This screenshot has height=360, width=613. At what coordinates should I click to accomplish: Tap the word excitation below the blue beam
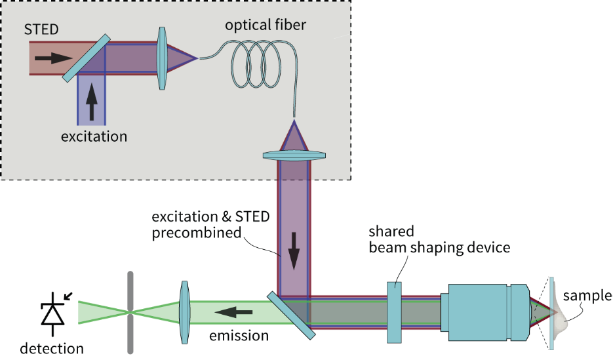click(94, 136)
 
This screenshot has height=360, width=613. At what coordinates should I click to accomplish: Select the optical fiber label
click(266, 25)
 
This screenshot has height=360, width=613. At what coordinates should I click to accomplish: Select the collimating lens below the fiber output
click(294, 155)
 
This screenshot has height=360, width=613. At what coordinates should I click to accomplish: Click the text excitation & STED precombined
click(210, 224)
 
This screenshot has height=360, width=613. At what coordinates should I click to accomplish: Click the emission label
click(239, 336)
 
